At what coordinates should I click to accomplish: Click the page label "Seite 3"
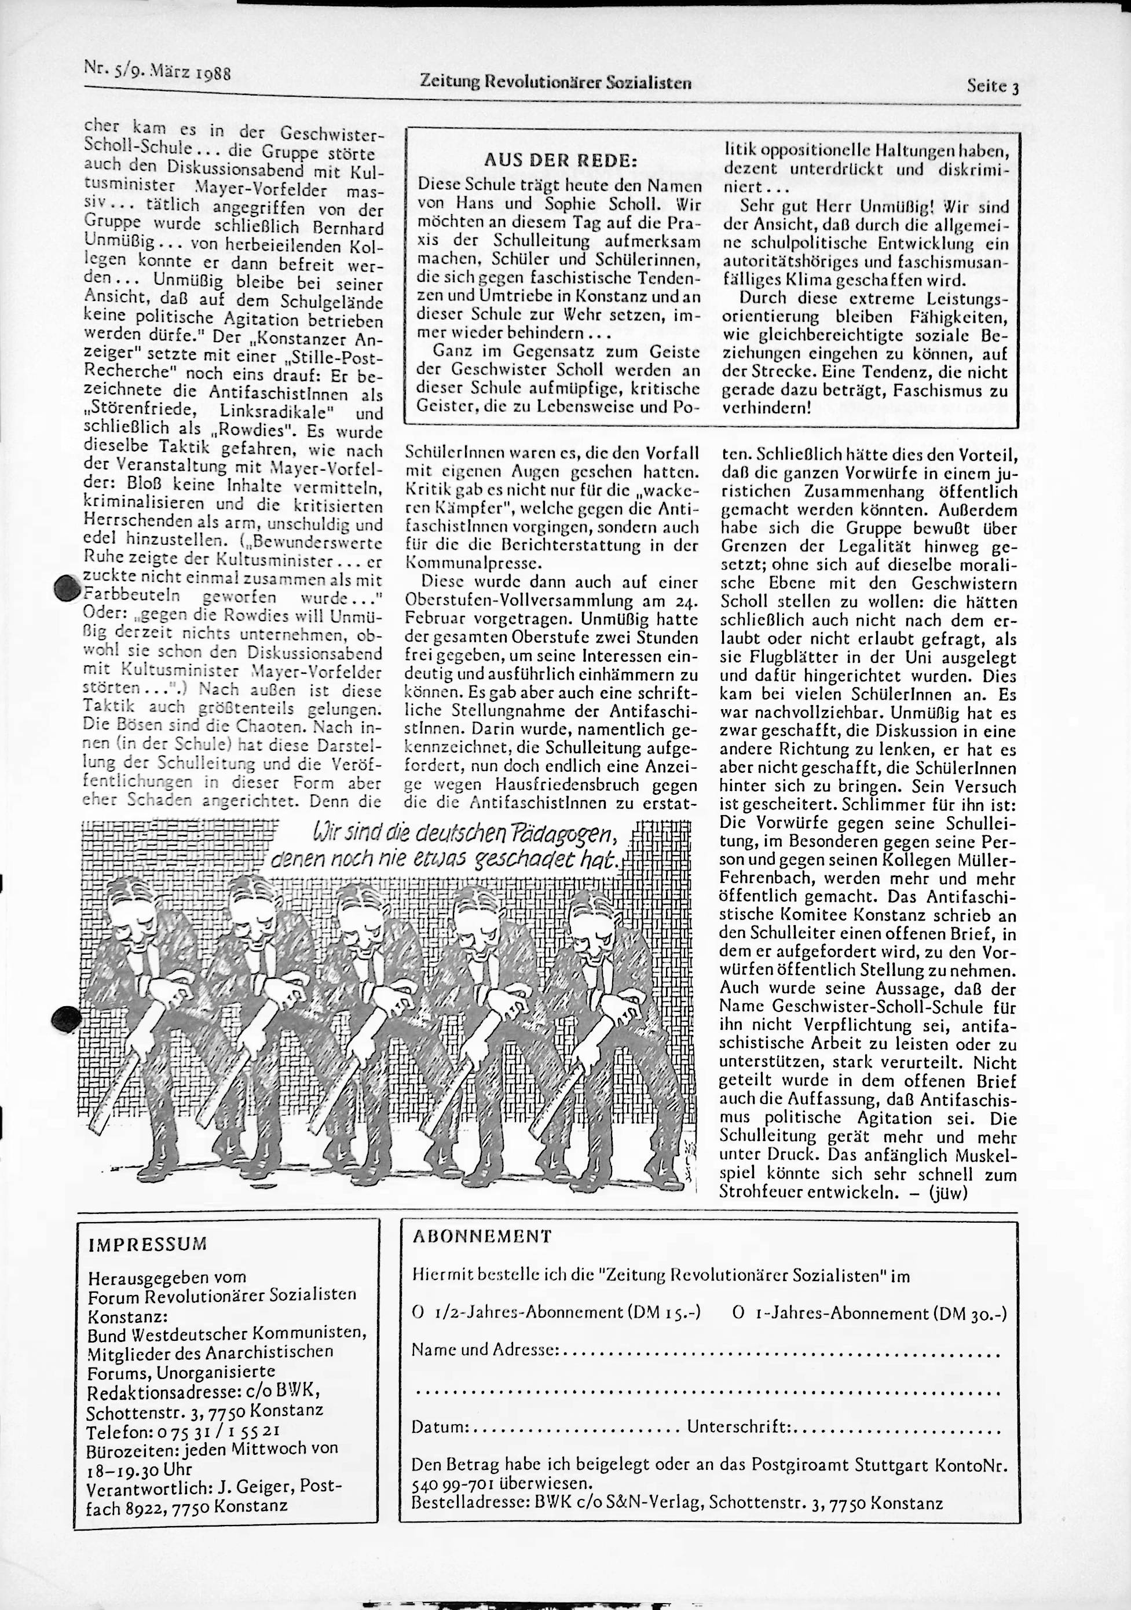click(x=992, y=87)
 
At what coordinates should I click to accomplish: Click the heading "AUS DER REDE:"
click(x=560, y=160)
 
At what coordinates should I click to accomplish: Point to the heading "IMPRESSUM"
click(x=147, y=1245)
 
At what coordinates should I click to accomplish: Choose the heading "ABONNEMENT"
click(x=483, y=1236)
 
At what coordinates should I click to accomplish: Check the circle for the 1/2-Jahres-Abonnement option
click(x=418, y=1312)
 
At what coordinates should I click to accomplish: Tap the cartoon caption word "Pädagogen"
click(x=561, y=834)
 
